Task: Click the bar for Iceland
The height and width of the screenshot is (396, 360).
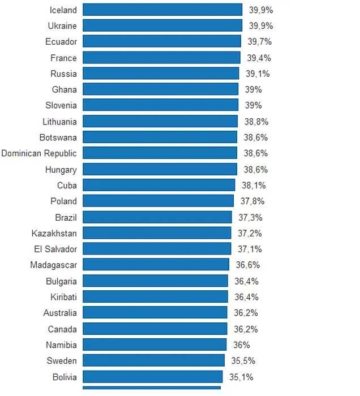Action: click(x=162, y=10)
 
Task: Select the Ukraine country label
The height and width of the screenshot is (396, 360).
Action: click(x=62, y=26)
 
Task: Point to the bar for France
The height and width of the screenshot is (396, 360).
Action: click(x=161, y=58)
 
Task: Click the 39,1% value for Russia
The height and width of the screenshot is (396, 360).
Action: click(x=258, y=74)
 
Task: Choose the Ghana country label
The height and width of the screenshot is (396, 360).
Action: click(x=64, y=89)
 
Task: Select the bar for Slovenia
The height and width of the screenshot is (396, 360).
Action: click(x=160, y=105)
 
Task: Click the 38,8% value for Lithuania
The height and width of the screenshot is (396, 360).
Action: click(x=256, y=122)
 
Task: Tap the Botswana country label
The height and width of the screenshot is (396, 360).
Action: click(x=58, y=137)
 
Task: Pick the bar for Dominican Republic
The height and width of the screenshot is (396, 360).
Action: click(x=160, y=153)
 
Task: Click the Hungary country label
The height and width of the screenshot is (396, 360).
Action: click(x=61, y=169)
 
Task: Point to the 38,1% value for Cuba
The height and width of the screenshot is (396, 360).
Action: click(x=254, y=185)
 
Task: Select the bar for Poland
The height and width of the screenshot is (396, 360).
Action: click(x=158, y=201)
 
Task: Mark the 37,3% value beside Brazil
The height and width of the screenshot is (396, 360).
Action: click(x=250, y=217)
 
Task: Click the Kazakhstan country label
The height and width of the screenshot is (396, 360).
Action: click(x=54, y=233)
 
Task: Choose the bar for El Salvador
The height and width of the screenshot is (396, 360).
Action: click(x=157, y=249)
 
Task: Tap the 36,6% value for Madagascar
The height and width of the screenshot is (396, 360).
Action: click(x=248, y=265)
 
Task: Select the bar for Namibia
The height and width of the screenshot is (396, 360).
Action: click(x=155, y=345)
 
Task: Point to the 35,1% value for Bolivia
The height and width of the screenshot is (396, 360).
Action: click(x=241, y=376)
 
